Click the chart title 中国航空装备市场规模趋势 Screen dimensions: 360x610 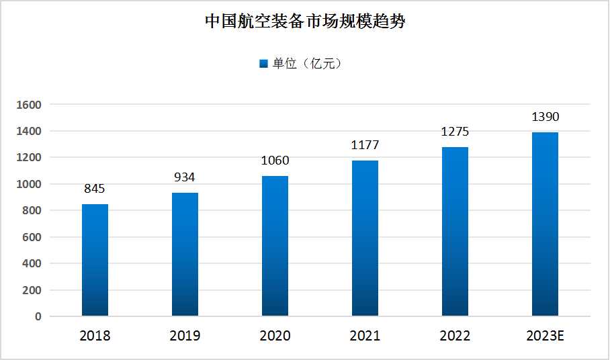pos(305,21)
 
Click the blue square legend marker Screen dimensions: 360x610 pos(263,64)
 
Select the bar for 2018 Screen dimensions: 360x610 pos(95,260)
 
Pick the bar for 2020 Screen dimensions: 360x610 pos(275,246)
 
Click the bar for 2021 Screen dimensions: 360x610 pos(365,238)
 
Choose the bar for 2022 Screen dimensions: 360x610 pos(455,231)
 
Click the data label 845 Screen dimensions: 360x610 pos(95,189)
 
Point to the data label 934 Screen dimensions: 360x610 pos(185,177)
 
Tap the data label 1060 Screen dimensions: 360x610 pos(275,161)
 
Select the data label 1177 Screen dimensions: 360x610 pos(365,145)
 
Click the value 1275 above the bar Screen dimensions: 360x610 pos(455,132)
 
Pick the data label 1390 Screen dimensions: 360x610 pos(545,117)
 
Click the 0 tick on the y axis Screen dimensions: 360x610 pos(38,316)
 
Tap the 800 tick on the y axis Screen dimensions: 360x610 pos(32,211)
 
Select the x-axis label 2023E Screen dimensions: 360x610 pos(545,336)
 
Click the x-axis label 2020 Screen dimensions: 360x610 pos(275,336)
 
